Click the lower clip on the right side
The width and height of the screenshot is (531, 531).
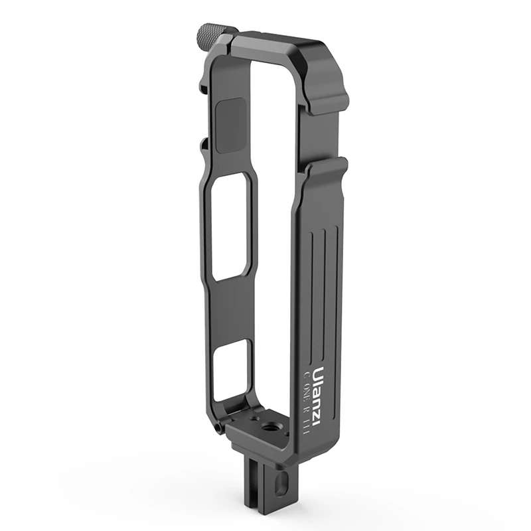(x=325, y=169)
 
